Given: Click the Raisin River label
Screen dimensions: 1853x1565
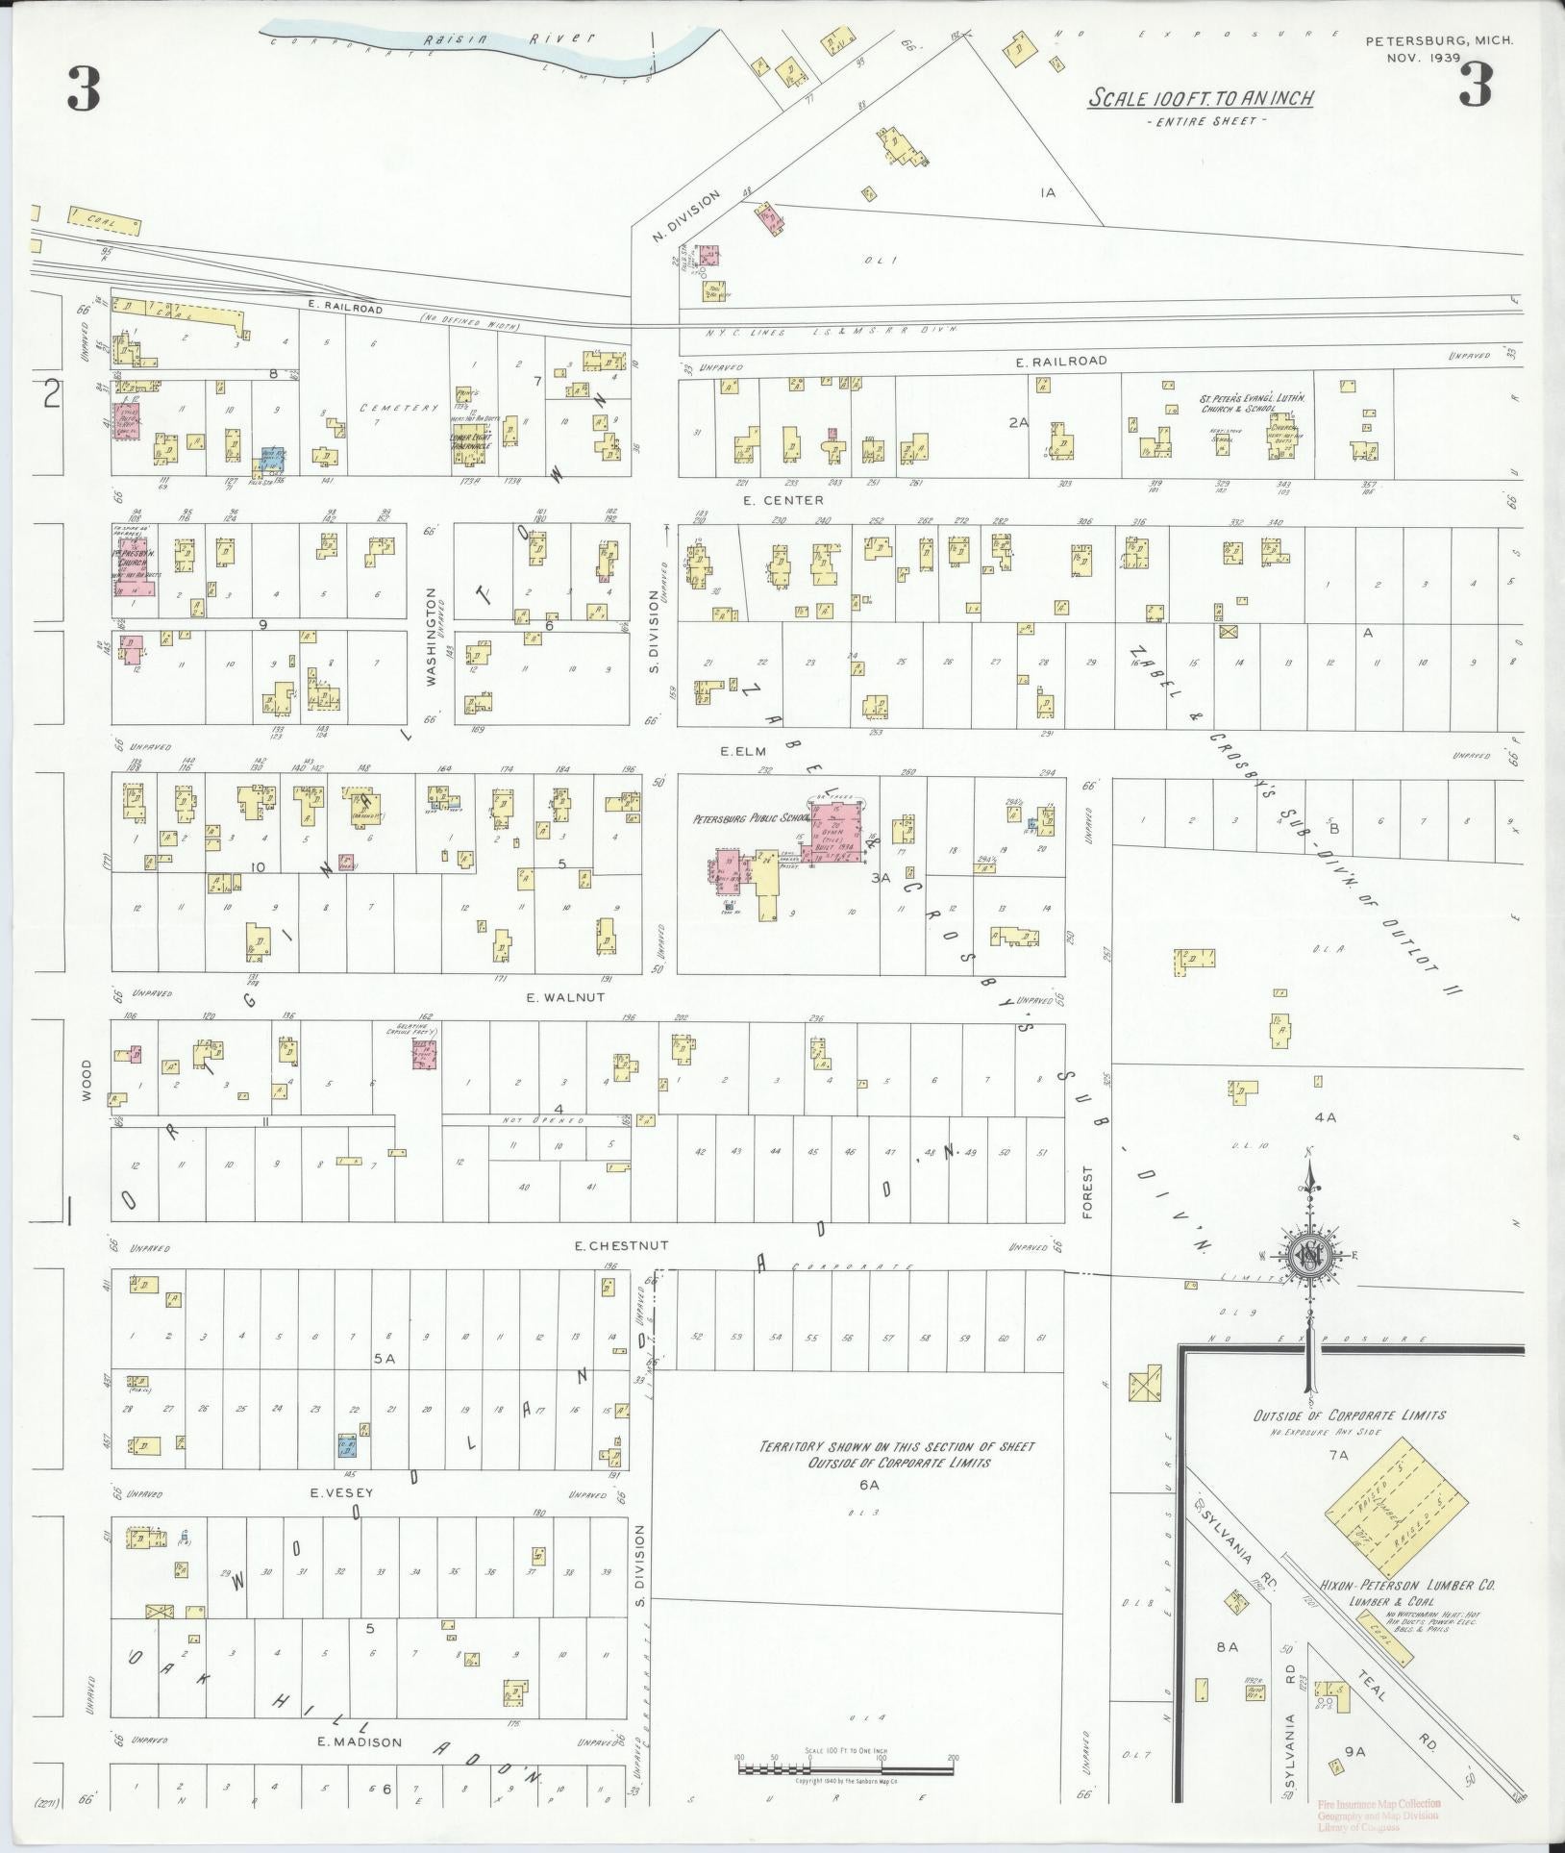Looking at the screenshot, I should pyautogui.click(x=509, y=39).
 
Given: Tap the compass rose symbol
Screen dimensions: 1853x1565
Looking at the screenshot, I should pyautogui.click(x=1308, y=1255).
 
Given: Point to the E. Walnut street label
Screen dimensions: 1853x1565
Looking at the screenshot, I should pyautogui.click(x=566, y=997).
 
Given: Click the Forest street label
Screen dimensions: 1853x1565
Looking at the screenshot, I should pyautogui.click(x=1088, y=1193).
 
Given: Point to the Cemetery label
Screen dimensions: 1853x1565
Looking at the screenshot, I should pyautogui.click(x=385, y=408).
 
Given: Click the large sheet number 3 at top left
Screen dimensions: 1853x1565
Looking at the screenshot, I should pyautogui.click(x=84, y=90).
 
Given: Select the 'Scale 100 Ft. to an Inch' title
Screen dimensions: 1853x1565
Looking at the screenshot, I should pyautogui.click(x=1201, y=98).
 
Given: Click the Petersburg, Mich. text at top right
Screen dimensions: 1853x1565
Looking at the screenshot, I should pyautogui.click(x=1439, y=40).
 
